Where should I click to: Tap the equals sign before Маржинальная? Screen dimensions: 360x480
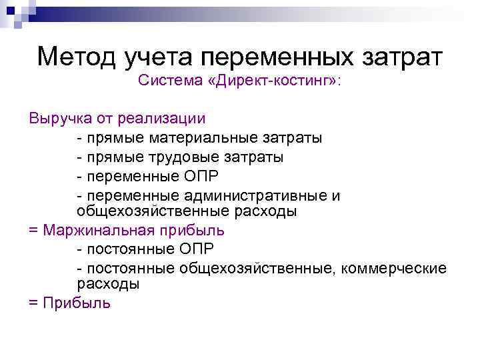pyautogui.click(x=33, y=231)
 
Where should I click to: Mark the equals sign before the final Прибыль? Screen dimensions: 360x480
pyautogui.click(x=33, y=303)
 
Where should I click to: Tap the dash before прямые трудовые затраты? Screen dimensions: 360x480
pyautogui.click(x=80, y=157)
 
